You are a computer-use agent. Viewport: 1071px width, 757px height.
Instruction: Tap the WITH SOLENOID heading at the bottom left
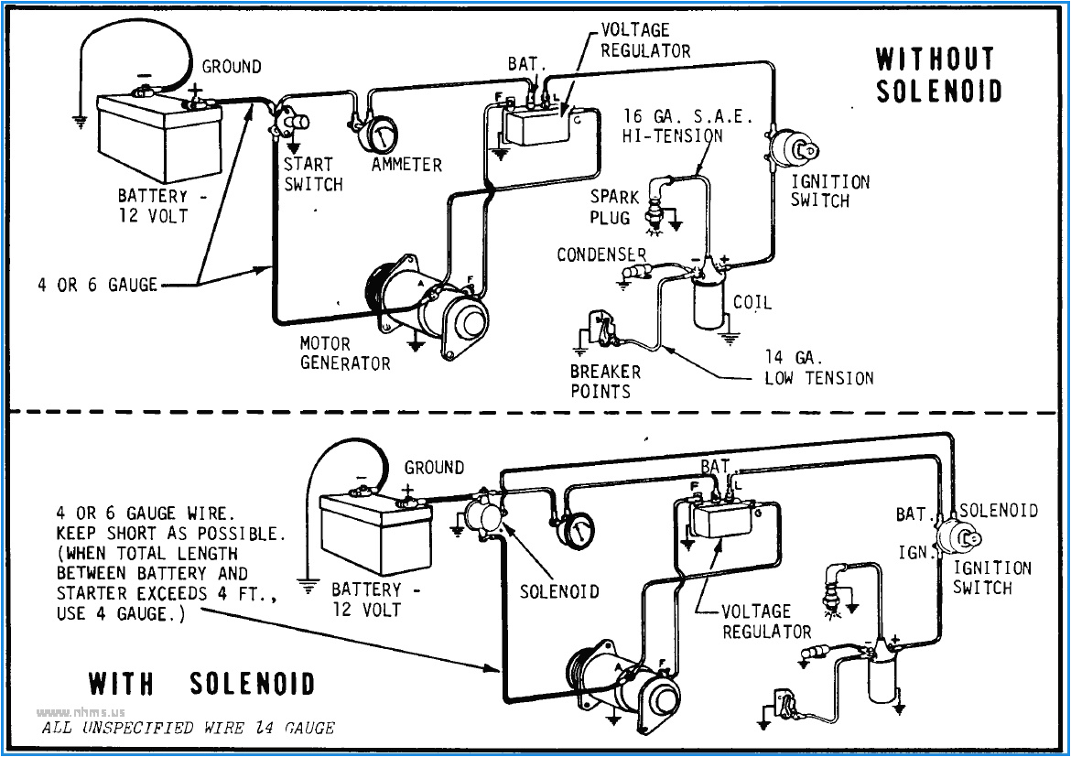coord(201,684)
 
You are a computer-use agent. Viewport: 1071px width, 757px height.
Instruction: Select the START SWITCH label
coord(312,174)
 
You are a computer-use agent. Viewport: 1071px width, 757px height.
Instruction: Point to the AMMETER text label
coord(406,165)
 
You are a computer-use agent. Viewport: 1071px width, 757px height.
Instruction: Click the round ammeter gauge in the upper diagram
coord(376,135)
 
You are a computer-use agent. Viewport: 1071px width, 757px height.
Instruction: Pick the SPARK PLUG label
coord(610,207)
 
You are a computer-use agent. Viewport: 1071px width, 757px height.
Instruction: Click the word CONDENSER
coord(601,254)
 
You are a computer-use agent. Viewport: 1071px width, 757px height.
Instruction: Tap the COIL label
coord(752,302)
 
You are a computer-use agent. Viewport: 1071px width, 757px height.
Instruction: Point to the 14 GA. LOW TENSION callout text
coord(818,368)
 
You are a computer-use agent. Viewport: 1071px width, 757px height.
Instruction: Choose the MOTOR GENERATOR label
coord(345,353)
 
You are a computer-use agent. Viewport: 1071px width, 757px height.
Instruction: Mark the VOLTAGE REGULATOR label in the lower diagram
coord(766,622)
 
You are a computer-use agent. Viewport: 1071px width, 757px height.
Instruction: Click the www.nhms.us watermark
coord(81,712)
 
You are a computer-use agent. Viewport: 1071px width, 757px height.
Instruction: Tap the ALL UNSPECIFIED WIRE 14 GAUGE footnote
coord(189,729)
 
